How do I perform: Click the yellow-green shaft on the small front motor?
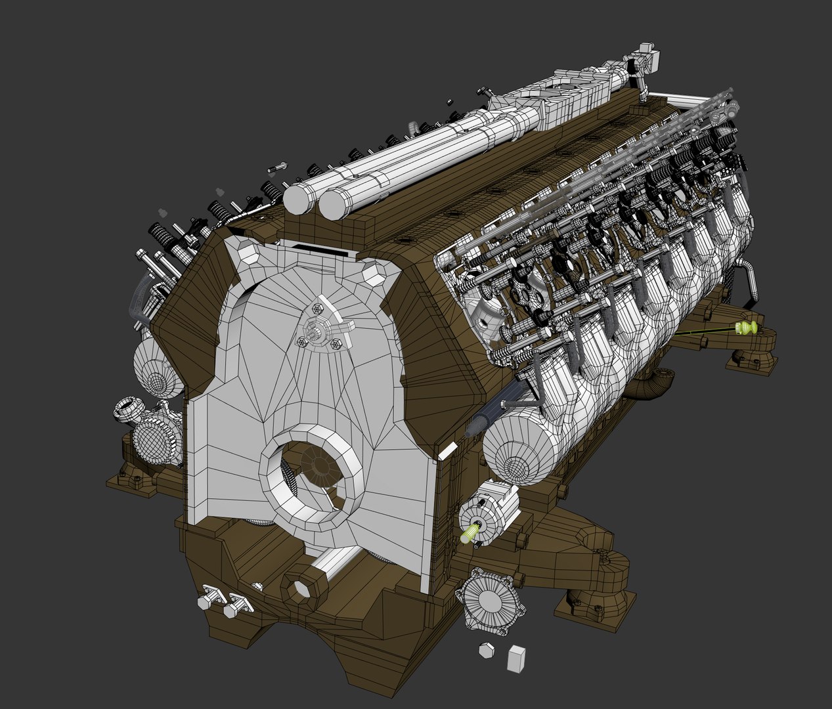(x=470, y=532)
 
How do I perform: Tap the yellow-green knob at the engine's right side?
(x=747, y=327)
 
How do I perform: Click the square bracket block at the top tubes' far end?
(x=648, y=58)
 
